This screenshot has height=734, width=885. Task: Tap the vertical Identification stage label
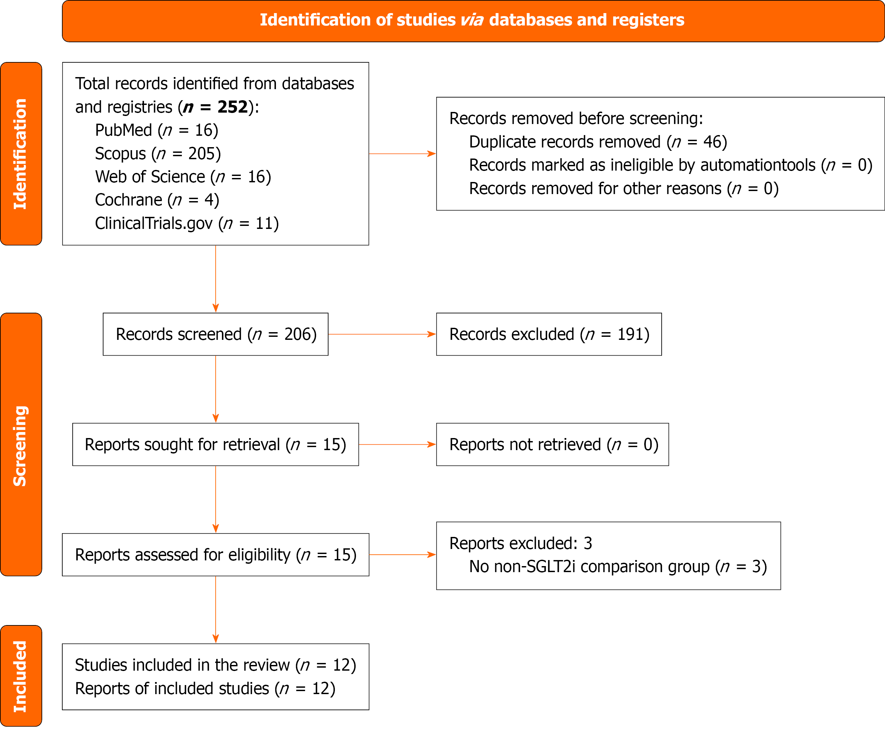click(21, 154)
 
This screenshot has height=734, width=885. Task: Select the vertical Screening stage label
click(21, 445)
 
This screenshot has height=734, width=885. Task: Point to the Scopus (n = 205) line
click(158, 154)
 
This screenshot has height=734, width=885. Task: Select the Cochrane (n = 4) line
click(157, 200)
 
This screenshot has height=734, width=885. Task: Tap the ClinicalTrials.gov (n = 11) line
click(187, 224)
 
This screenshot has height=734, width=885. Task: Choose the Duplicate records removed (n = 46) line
click(598, 142)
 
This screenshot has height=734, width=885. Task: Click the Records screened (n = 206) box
click(215, 334)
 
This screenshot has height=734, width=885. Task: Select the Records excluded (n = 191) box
click(549, 334)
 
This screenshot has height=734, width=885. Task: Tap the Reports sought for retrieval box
click(215, 445)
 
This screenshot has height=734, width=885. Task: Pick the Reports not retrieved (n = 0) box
click(552, 445)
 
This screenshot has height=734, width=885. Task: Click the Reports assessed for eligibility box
click(215, 555)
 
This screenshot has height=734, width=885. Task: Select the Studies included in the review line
click(215, 665)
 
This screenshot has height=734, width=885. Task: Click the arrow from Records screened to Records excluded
click(382, 334)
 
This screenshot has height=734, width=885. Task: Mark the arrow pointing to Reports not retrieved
click(397, 445)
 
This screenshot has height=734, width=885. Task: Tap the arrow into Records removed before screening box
click(402, 154)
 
